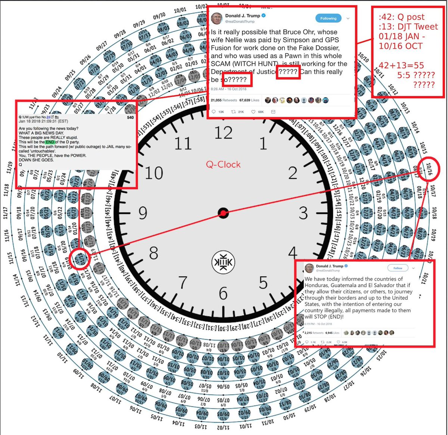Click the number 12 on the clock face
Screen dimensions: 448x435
click(x=223, y=133)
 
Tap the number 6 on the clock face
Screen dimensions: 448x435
click(x=223, y=293)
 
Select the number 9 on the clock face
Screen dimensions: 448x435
click(x=143, y=213)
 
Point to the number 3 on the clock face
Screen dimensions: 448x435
click(x=303, y=213)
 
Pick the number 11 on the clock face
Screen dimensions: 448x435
click(x=183, y=143)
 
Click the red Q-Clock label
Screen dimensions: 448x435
click(x=223, y=164)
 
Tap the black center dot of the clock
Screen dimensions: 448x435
click(x=223, y=213)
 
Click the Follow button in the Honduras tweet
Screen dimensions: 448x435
click(x=398, y=268)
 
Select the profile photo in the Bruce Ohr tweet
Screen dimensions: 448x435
click(x=217, y=18)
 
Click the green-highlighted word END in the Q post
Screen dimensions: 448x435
click(x=50, y=142)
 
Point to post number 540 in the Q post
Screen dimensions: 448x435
click(x=130, y=117)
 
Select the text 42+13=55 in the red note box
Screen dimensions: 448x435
click(x=401, y=65)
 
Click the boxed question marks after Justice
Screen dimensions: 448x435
click(x=288, y=72)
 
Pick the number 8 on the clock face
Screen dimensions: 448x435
click(x=154, y=253)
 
